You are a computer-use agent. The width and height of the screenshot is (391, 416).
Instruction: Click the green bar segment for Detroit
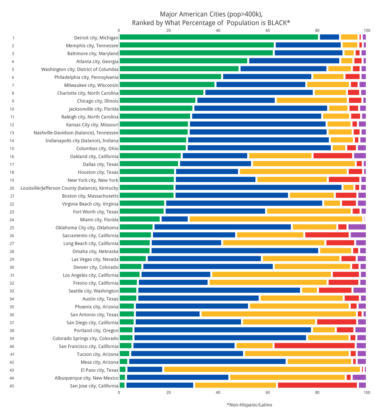[x=219, y=37]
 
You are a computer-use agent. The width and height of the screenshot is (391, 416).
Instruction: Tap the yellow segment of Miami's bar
[x=276, y=219]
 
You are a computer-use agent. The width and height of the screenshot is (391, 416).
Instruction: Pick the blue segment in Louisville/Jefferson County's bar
[x=258, y=188]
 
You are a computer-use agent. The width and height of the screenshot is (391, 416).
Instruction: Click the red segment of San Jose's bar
[x=317, y=385]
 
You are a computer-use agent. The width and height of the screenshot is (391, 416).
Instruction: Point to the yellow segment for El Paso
[x=262, y=370]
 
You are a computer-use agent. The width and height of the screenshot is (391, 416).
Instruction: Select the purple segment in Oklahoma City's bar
[x=357, y=227]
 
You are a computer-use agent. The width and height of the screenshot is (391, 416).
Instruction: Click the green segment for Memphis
[x=196, y=45]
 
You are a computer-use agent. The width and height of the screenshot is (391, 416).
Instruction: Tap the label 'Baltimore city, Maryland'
[x=93, y=53]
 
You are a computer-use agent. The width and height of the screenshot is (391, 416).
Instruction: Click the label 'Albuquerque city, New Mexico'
[x=86, y=378]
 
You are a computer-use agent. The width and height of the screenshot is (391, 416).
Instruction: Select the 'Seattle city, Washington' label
[x=93, y=291]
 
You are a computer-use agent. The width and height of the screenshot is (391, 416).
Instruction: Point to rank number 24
[x=12, y=220]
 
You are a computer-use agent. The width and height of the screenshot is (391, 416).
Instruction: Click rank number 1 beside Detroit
[x=13, y=38]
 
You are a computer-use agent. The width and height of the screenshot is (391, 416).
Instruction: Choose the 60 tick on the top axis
[x=267, y=31]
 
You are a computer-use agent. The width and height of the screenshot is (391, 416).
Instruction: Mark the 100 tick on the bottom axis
[x=367, y=392]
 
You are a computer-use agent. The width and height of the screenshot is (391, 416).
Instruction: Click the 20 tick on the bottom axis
[x=169, y=392]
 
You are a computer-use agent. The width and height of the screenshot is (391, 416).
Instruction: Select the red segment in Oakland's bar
[x=332, y=156]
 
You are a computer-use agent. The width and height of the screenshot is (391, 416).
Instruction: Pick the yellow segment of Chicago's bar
[x=312, y=101]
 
